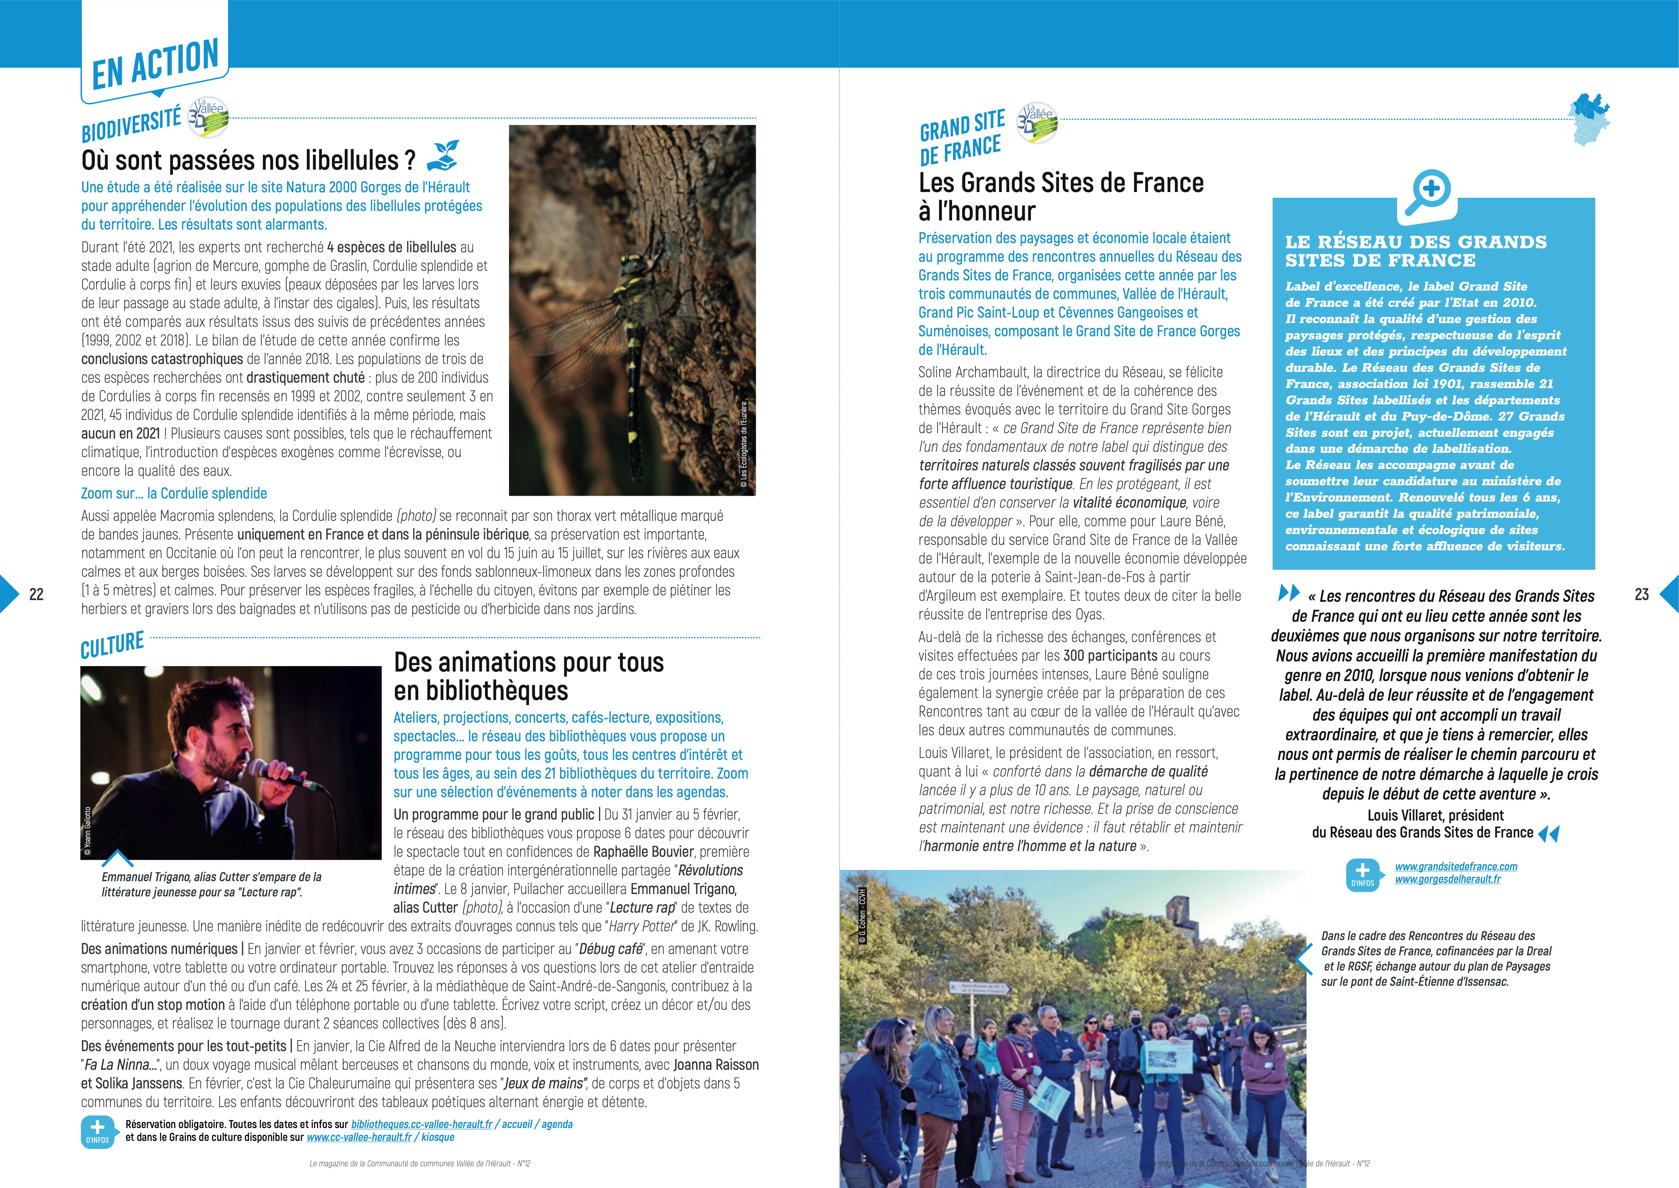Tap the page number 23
(x=1642, y=594)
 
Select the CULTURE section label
(x=112, y=645)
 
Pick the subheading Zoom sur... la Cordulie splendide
(x=174, y=493)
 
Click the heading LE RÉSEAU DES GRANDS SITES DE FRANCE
(x=1416, y=251)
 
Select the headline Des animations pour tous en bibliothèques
(x=528, y=676)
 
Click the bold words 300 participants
(x=1110, y=655)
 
